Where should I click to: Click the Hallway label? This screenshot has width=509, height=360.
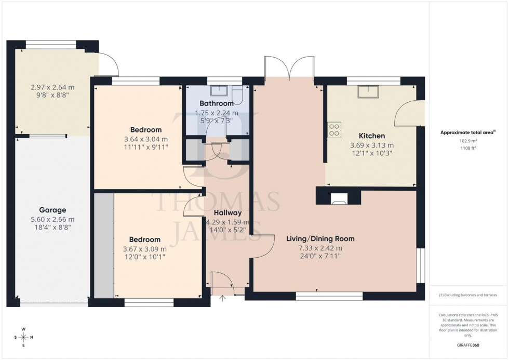coord(227,212)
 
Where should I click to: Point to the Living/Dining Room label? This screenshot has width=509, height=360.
coord(320,239)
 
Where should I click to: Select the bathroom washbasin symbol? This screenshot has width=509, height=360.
coord(218,91)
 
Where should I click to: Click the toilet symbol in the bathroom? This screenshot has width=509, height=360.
coord(237,94)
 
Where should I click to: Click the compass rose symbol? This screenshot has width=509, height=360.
coord(23,337)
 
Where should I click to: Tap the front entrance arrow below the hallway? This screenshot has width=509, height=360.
coord(223,298)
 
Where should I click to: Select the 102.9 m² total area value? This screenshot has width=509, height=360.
coord(468,141)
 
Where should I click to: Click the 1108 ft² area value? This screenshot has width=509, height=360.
coord(468,148)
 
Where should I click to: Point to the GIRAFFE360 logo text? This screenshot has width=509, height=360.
coord(468,344)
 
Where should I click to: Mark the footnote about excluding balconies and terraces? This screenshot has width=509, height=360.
coord(468,295)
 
